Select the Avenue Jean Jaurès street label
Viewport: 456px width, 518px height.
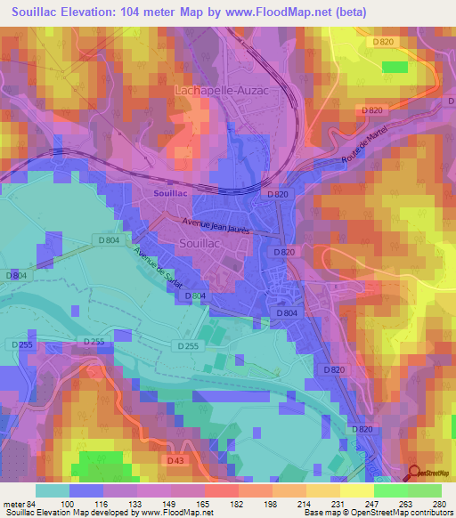(x=216, y=227)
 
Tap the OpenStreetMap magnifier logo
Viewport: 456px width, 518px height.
(x=413, y=473)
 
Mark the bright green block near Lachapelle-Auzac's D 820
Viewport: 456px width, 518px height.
(x=395, y=67)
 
